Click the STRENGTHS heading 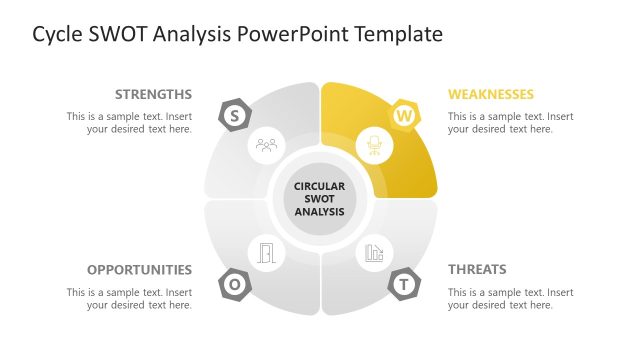153,95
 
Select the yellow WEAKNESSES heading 491,95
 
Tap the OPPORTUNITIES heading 139,270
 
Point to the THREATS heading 477,270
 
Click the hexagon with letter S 234,115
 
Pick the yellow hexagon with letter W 404,116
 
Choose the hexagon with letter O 234,284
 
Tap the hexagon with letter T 404,284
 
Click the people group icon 266,145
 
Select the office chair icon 374,146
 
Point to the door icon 266,253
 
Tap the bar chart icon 374,253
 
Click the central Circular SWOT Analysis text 320,199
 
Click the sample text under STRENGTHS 129,123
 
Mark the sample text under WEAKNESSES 511,123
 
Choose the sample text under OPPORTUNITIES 129,298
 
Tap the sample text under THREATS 511,298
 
